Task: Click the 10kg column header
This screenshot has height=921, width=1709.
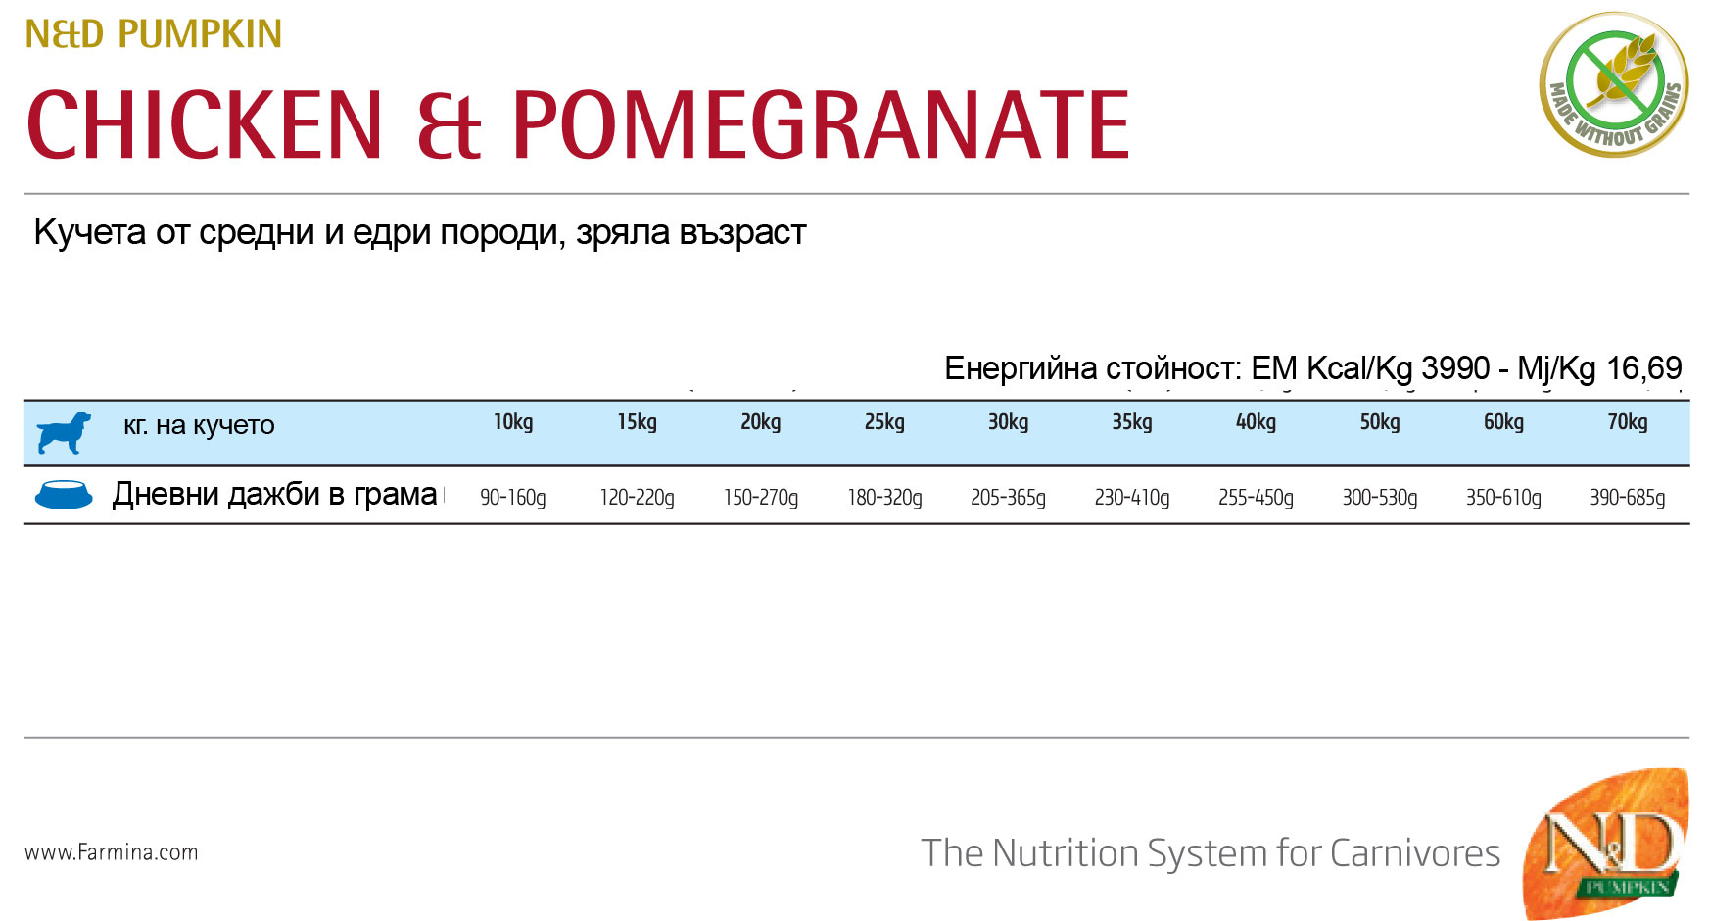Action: tap(513, 422)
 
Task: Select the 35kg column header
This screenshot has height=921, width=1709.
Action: tap(1131, 422)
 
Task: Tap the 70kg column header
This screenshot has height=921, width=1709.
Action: tap(1627, 422)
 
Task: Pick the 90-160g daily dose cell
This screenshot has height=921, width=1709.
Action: tap(513, 498)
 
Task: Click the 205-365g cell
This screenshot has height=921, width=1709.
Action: tap(1008, 498)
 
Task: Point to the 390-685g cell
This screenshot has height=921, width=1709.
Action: tap(1627, 498)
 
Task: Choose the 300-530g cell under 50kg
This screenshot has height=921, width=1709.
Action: tap(1379, 498)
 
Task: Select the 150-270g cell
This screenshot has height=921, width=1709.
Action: tap(761, 498)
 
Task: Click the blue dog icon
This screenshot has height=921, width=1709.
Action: tap(64, 432)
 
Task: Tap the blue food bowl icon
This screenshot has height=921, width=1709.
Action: tap(64, 495)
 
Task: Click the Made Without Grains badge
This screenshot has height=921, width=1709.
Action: tap(1614, 84)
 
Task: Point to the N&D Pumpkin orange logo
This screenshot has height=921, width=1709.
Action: tap(1605, 843)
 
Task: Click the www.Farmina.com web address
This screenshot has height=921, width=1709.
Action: tap(112, 852)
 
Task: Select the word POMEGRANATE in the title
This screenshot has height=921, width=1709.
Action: tap(821, 124)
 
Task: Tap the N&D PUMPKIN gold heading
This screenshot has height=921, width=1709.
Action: tap(154, 34)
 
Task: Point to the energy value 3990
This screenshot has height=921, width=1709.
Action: tap(1455, 368)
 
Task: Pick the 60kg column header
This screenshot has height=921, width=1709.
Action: tap(1503, 422)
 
